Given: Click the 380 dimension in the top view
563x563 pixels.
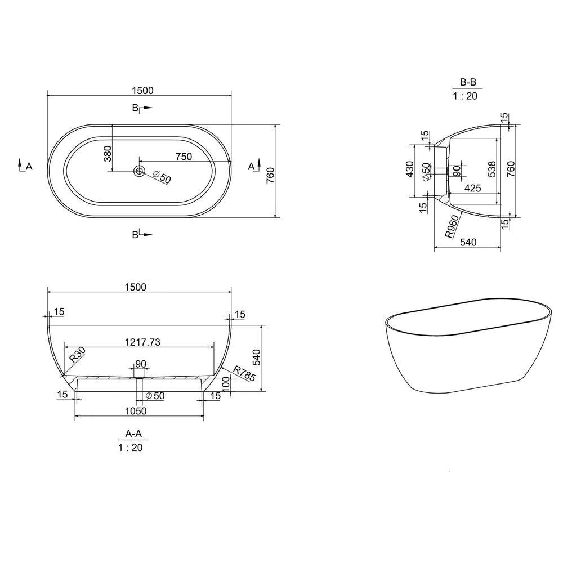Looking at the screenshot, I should click(x=108, y=153).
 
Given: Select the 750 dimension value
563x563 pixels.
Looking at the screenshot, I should click(x=184, y=157).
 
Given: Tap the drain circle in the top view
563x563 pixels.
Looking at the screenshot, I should click(x=139, y=171).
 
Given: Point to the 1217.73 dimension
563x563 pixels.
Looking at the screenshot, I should click(x=140, y=341).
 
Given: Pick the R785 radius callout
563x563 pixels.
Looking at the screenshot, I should click(x=244, y=376).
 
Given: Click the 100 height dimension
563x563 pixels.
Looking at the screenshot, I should click(x=226, y=386).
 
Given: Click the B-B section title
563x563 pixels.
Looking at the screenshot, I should click(x=467, y=82).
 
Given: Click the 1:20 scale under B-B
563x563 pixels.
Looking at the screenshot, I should click(x=467, y=96).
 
